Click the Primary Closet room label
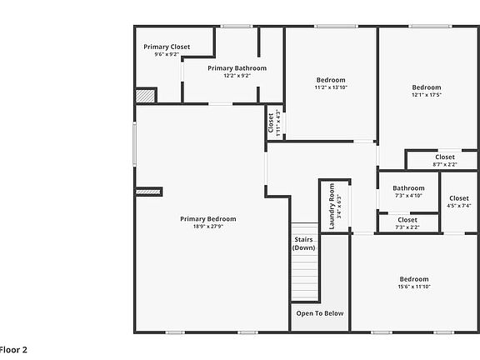167,47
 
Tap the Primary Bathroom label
237,68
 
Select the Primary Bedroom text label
207,219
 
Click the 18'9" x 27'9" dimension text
207,227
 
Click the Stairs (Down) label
304,243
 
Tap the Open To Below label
320,313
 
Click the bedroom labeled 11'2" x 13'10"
330,83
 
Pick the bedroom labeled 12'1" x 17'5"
426,90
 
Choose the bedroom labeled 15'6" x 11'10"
413,282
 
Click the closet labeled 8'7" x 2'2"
445,160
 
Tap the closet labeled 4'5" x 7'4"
458,201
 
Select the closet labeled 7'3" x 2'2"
407,222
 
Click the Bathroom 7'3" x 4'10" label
408,191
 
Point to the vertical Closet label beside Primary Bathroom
272,122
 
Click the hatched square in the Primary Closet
146,96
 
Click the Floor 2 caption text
13,350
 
